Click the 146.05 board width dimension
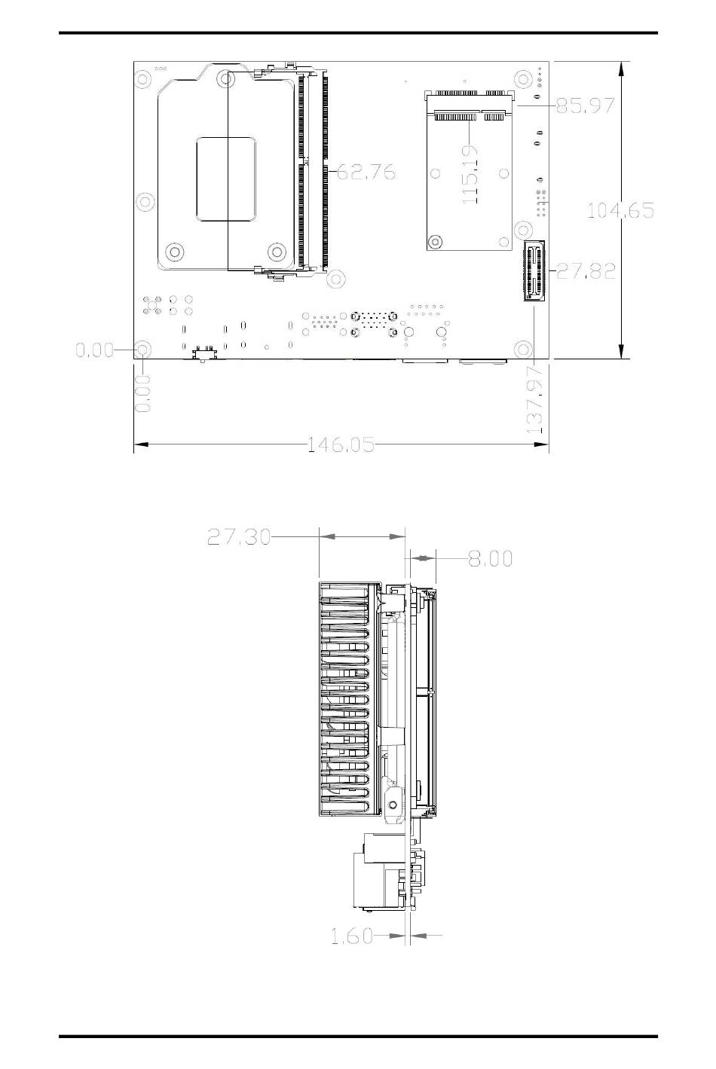click(x=341, y=444)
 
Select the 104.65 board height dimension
click(x=620, y=210)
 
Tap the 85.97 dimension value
click(x=585, y=105)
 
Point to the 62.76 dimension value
click(x=366, y=171)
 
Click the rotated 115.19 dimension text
click(x=470, y=175)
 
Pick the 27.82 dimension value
click(x=586, y=271)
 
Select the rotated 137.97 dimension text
click(x=534, y=400)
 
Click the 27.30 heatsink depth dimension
click(x=239, y=537)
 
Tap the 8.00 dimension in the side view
click(x=490, y=558)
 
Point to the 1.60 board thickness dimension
click(x=352, y=936)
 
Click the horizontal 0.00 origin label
click(x=94, y=350)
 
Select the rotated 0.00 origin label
click(x=142, y=393)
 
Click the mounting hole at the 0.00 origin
click(x=142, y=350)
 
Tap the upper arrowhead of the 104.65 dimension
click(x=621, y=70)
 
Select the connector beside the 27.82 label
click(x=534, y=270)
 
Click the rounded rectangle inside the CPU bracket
click(x=226, y=179)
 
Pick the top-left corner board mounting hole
click(x=142, y=78)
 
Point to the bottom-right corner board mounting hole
click(x=524, y=350)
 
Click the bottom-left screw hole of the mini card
click(x=434, y=242)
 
